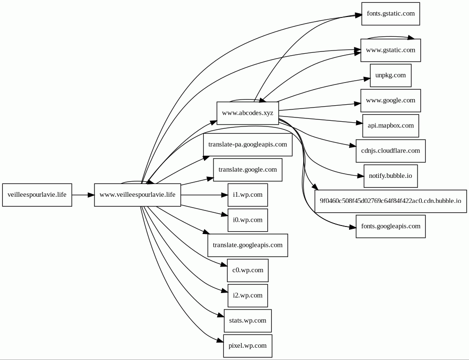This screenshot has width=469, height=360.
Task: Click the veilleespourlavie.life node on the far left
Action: pyautogui.click(x=37, y=195)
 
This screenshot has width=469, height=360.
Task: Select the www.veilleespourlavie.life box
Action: pyautogui.click(x=137, y=195)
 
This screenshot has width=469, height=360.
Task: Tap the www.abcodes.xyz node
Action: pyautogui.click(x=247, y=113)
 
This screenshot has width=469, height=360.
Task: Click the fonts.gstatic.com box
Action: pyautogui.click(x=391, y=14)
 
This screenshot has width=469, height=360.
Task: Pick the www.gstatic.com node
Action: pyautogui.click(x=391, y=50)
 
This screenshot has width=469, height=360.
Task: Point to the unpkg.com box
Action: pyautogui.click(x=391, y=75)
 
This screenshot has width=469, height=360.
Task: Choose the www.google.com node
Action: pyautogui.click(x=391, y=100)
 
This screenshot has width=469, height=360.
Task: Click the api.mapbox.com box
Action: pyautogui.click(x=391, y=126)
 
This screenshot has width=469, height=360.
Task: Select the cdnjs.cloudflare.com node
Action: pyautogui.click(x=391, y=151)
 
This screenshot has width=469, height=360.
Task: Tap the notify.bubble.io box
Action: pyautogui.click(x=391, y=176)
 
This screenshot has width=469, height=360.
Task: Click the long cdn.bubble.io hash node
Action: pyautogui.click(x=391, y=201)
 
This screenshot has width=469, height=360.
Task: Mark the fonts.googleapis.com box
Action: pyautogui.click(x=391, y=226)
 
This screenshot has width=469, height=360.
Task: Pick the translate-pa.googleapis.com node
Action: pyautogui.click(x=247, y=145)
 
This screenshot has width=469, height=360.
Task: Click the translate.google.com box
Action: pyautogui.click(x=247, y=170)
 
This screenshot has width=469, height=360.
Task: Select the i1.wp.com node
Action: pyautogui.click(x=247, y=195)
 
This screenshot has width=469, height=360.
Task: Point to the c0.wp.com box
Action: pyautogui.click(x=247, y=270)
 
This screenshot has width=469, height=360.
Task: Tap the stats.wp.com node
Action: pyautogui.click(x=247, y=321)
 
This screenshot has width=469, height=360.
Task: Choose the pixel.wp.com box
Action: pyautogui.click(x=247, y=346)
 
